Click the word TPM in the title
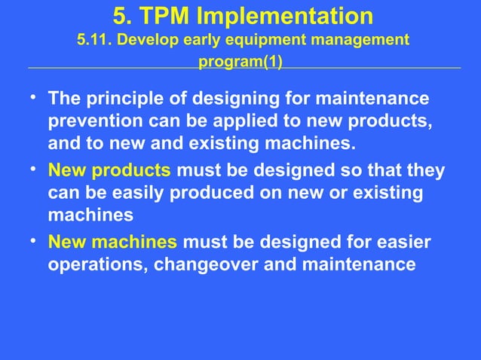162,16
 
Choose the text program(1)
240,61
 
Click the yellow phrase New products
109,170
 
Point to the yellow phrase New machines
113,243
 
